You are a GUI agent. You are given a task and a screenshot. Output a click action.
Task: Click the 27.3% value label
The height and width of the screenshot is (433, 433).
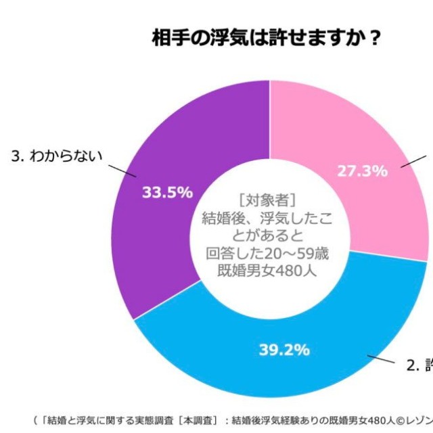click(362, 170)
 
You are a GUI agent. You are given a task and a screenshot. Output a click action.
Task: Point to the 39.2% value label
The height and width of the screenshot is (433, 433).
click(284, 349)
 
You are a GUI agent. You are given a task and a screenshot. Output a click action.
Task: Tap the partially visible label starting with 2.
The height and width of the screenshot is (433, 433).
click(419, 366)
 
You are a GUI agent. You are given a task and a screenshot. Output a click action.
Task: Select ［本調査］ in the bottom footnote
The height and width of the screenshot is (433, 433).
click(188, 419)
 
